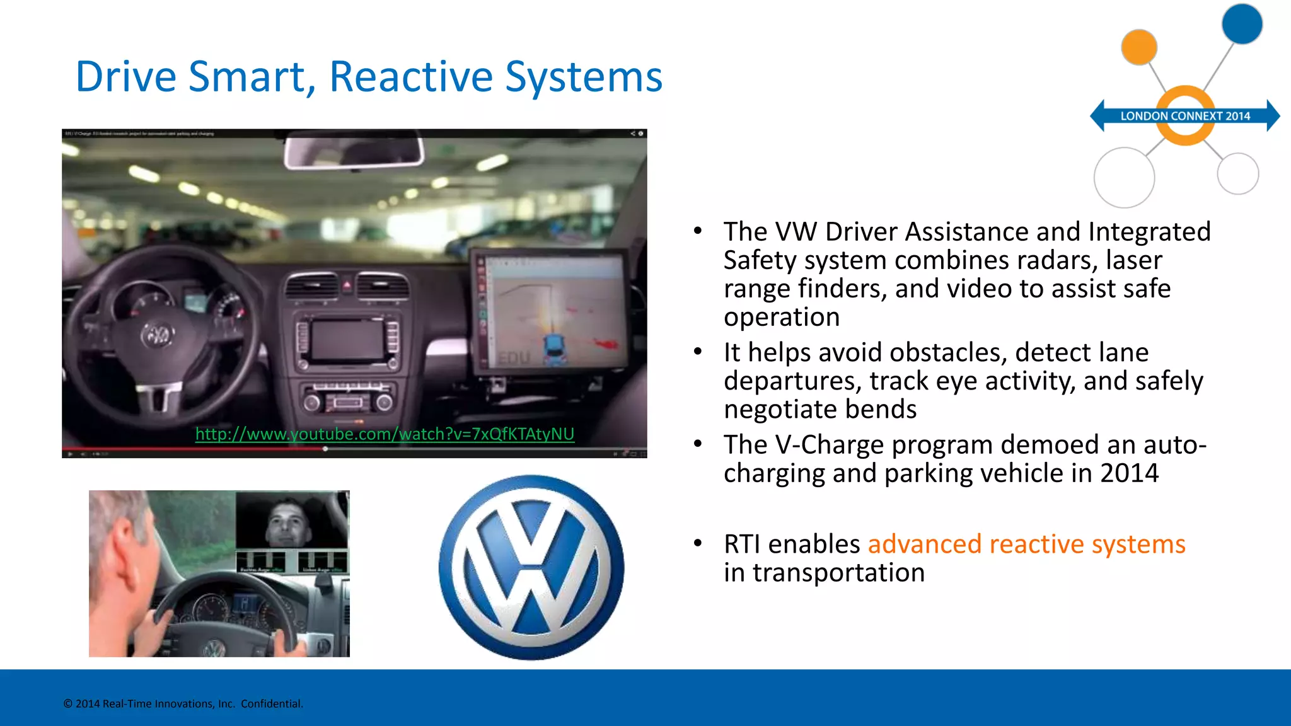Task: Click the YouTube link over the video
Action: click(385, 434)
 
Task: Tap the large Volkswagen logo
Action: click(531, 567)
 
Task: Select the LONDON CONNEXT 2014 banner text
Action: click(1184, 116)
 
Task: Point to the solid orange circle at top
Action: click(1138, 47)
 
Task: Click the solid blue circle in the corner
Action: click(1241, 23)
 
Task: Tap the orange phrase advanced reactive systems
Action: click(1026, 544)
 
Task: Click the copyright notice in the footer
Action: click(183, 704)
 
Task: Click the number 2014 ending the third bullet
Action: click(1129, 473)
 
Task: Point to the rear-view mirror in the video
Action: click(354, 152)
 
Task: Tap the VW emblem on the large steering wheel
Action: click(158, 335)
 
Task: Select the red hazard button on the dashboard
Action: click(347, 285)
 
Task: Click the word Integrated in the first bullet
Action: click(1149, 232)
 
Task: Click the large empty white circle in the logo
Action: click(1124, 177)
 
